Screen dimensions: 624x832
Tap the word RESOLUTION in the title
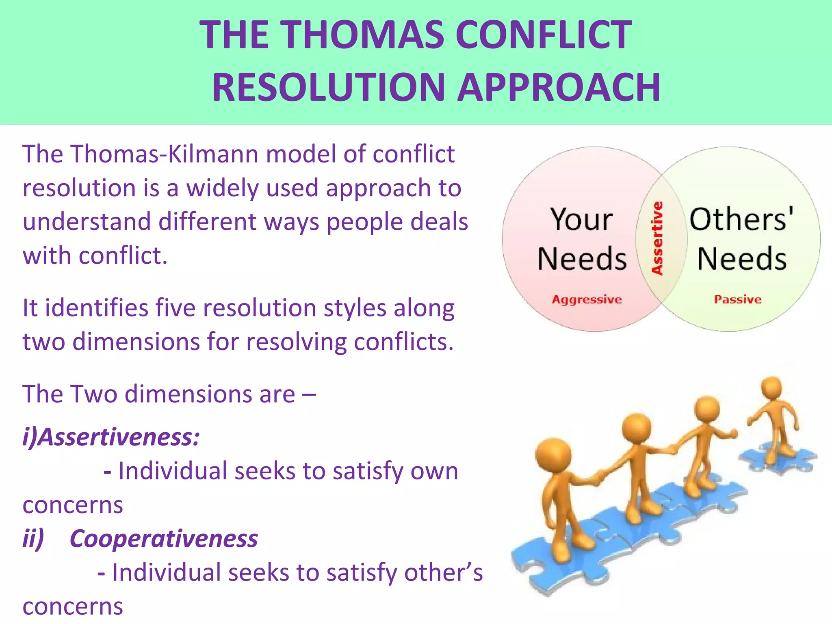point(329,88)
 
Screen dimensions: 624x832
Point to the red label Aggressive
point(587,300)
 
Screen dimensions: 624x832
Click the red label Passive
point(737,300)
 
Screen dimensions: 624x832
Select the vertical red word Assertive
point(657,238)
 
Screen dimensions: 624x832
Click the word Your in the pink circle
point(581,220)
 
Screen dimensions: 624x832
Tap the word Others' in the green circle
point(741,220)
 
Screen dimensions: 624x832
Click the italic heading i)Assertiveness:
point(111,438)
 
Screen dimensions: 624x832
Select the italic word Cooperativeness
point(164,539)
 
